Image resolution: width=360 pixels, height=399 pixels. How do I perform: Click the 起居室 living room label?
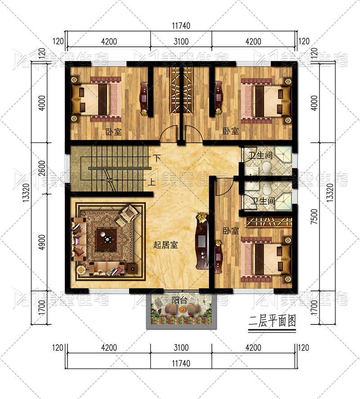point(166,245)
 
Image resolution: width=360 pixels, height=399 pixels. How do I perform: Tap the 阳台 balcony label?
point(179,300)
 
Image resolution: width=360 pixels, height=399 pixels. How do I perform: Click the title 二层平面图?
point(272,321)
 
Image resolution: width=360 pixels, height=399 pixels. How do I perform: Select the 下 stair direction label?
point(157,158)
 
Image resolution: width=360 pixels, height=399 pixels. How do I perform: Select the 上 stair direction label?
point(152,182)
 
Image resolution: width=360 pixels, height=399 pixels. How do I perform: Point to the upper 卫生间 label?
point(260,155)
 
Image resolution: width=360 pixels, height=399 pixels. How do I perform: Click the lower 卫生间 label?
point(263,201)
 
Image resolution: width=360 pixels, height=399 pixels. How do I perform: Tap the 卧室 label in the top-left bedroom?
point(113,131)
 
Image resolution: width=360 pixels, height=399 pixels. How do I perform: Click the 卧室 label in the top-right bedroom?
point(231,131)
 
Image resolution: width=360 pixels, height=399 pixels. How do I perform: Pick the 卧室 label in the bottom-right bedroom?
point(231,231)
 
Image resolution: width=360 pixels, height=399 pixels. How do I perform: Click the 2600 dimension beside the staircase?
point(42,168)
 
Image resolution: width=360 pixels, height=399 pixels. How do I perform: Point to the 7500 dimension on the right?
point(315,216)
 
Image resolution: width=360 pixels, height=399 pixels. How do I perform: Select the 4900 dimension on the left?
point(42,242)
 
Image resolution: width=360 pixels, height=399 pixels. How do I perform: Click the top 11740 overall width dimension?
point(181,26)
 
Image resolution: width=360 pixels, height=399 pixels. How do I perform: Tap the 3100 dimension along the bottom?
point(181,348)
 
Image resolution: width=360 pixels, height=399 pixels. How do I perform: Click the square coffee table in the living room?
point(106,239)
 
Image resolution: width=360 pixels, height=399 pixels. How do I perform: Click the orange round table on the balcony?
point(182,309)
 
